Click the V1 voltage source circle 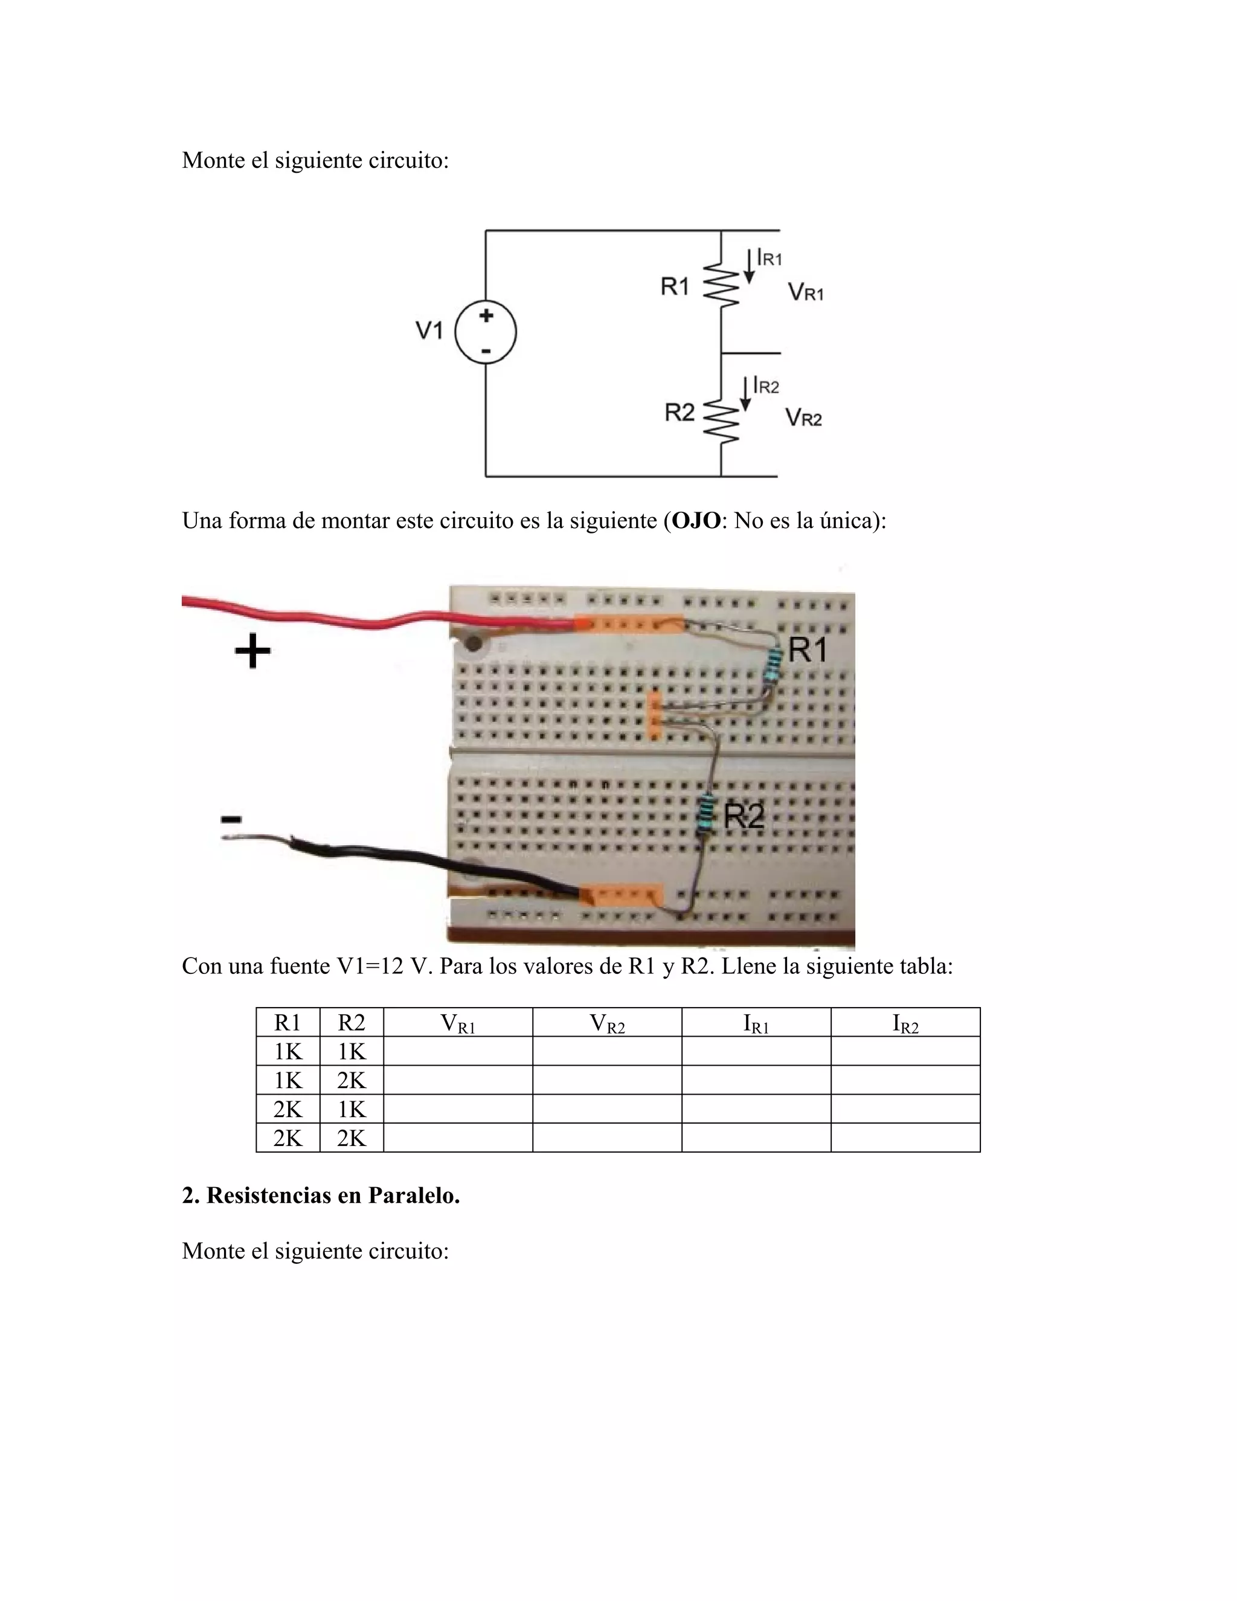click(485, 333)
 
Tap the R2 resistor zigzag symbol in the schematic click(721, 422)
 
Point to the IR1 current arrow click(749, 265)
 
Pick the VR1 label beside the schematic click(805, 292)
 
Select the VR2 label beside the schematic click(803, 419)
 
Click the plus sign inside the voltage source click(486, 316)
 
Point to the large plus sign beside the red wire click(252, 651)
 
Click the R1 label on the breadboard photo click(807, 649)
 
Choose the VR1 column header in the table click(458, 1023)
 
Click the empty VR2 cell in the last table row click(607, 1138)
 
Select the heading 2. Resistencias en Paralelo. click(321, 1196)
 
